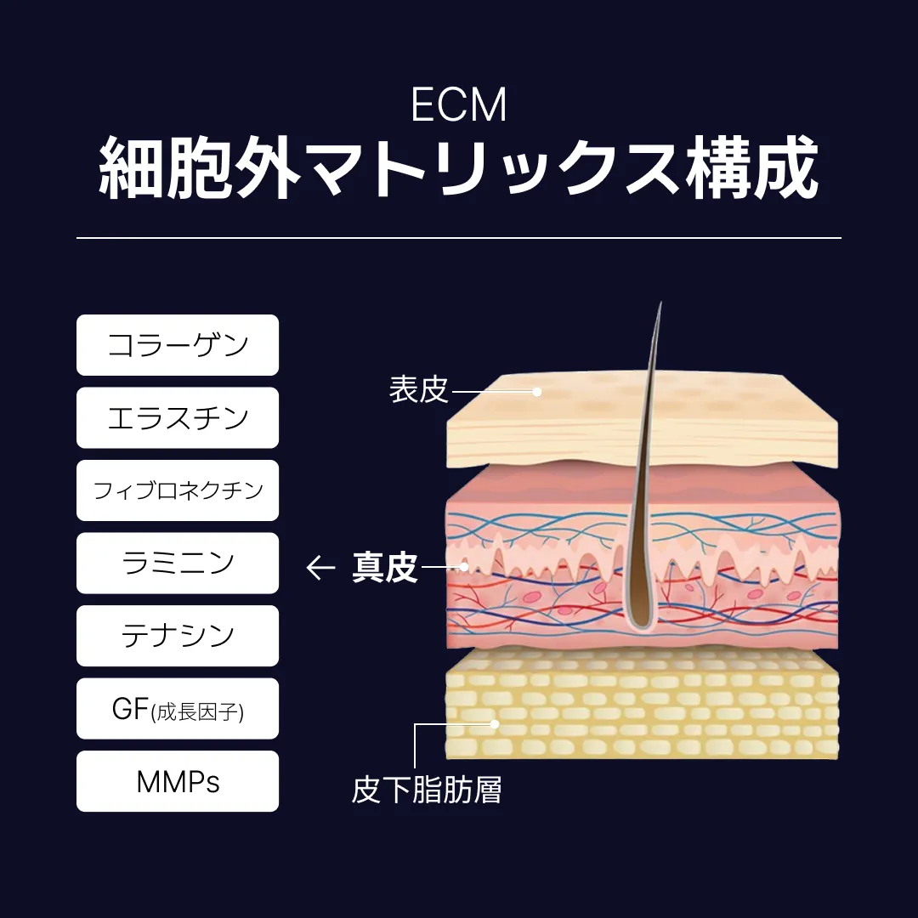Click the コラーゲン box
(x=178, y=345)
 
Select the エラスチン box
(x=178, y=417)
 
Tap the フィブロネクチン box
(x=178, y=490)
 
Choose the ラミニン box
(x=178, y=563)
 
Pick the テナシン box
(x=178, y=636)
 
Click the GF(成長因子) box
(x=178, y=709)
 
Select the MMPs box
(x=178, y=781)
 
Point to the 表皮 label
(x=418, y=391)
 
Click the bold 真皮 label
(x=385, y=567)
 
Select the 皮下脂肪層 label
(x=427, y=790)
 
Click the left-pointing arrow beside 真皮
(x=320, y=567)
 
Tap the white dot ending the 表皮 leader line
(x=537, y=392)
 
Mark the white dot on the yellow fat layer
(x=495, y=724)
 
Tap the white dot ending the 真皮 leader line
(x=465, y=566)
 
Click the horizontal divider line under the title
(x=458, y=238)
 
